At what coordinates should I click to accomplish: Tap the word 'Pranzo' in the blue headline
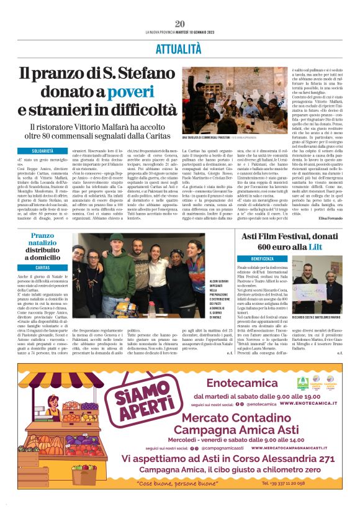tap(43, 235)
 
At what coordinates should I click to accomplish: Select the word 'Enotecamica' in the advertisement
tap(242, 383)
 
